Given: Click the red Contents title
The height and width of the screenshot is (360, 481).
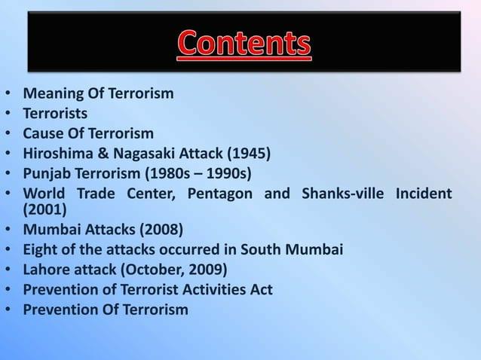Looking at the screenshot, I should (244, 44).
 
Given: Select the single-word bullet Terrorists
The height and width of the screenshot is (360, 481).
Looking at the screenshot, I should (55, 114).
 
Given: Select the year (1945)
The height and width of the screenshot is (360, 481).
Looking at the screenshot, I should (247, 154).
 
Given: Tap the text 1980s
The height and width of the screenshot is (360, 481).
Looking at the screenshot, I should (182, 173).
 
